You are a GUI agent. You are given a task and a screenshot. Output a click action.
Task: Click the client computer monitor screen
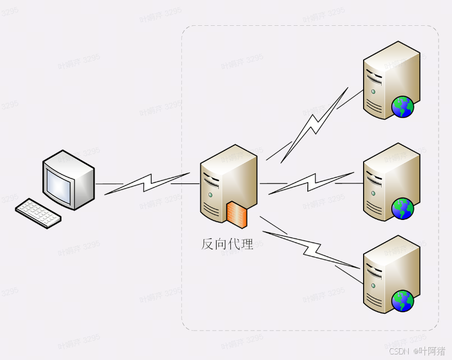click(60, 183)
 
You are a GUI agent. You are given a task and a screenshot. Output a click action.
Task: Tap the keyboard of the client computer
click(38, 213)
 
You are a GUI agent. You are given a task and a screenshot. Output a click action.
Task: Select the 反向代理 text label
click(227, 244)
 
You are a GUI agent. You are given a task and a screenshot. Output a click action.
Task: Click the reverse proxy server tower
click(225, 180)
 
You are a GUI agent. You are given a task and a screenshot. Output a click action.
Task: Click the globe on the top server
click(402, 106)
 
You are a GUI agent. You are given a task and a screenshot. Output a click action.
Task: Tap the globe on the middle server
click(402, 209)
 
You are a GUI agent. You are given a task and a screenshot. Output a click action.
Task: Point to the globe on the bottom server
click(402, 301)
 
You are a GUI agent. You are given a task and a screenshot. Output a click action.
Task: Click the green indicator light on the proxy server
click(211, 195)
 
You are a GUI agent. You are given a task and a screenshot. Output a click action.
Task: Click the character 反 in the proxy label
click(208, 244)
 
